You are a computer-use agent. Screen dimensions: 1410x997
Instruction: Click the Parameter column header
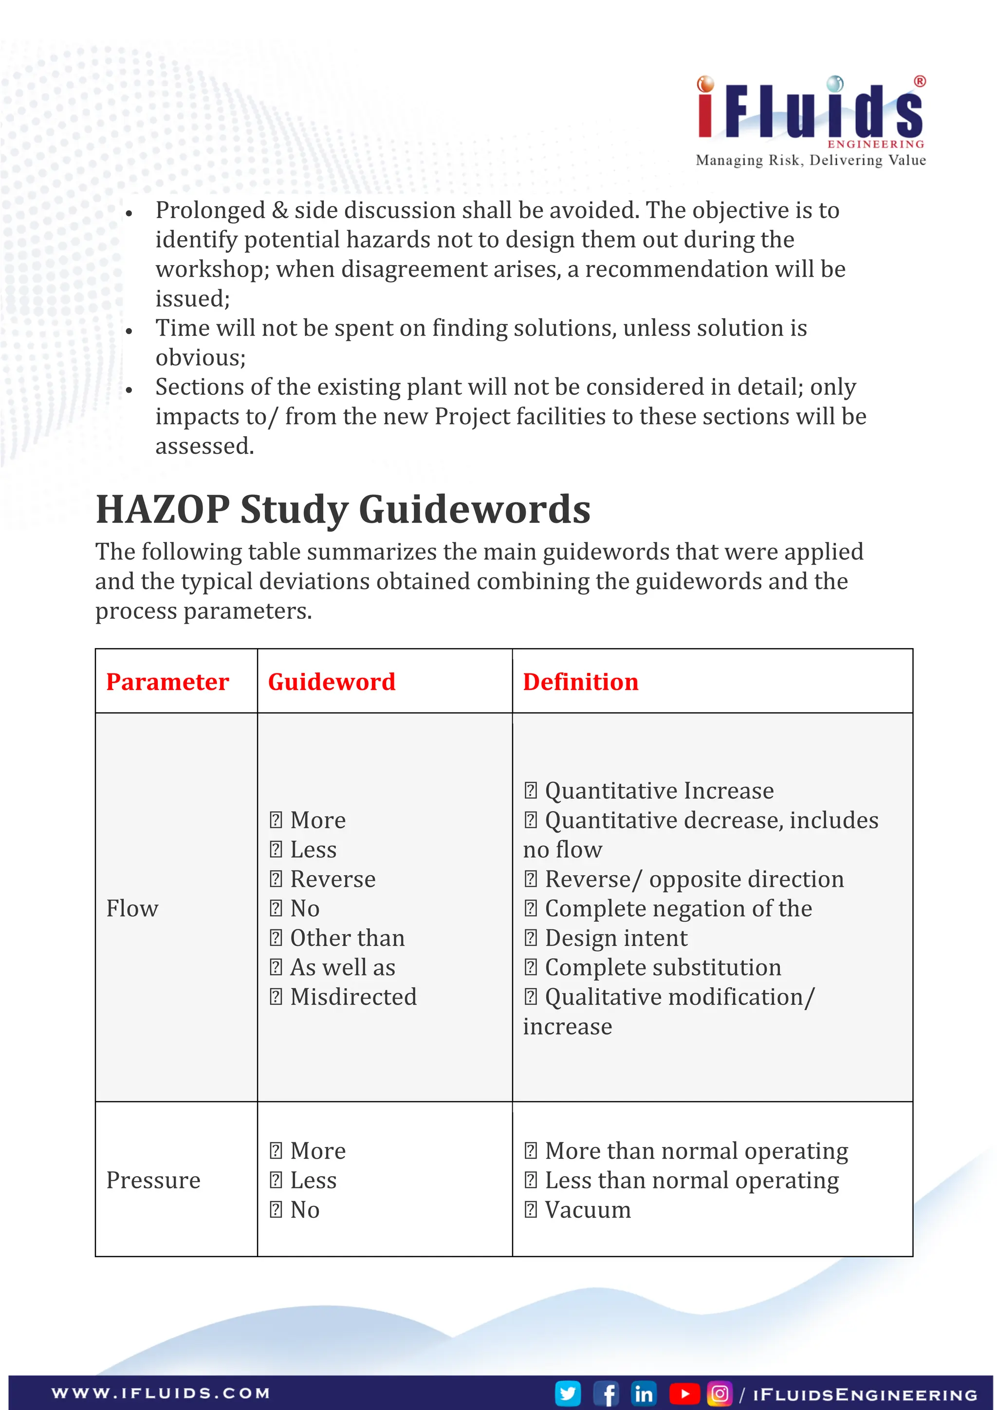pyautogui.click(x=167, y=682)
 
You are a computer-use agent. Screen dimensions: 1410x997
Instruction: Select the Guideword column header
pyautogui.click(x=332, y=682)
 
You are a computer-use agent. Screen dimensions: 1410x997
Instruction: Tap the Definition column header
pyautogui.click(x=580, y=682)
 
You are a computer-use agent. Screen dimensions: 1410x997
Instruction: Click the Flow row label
pyautogui.click(x=132, y=908)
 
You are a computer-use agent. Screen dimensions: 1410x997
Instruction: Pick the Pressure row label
pyautogui.click(x=153, y=1180)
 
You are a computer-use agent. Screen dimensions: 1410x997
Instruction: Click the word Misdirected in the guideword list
pyautogui.click(x=353, y=997)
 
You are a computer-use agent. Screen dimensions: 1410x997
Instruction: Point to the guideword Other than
pyautogui.click(x=347, y=938)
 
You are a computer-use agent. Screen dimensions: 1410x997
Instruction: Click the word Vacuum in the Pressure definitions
pyautogui.click(x=588, y=1210)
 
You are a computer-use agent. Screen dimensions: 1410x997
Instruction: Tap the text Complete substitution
pyautogui.click(x=663, y=967)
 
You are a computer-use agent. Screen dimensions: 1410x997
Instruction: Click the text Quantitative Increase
pyautogui.click(x=659, y=790)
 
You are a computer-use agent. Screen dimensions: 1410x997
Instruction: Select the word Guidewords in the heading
pyautogui.click(x=474, y=510)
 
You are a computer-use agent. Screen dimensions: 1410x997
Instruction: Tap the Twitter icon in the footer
pyautogui.click(x=568, y=1393)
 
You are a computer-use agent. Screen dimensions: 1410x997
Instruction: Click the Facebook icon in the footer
pyautogui.click(x=607, y=1393)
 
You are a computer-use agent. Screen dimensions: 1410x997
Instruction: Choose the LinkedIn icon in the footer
pyautogui.click(x=644, y=1393)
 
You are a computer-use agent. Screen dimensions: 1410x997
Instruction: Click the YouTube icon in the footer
pyautogui.click(x=683, y=1393)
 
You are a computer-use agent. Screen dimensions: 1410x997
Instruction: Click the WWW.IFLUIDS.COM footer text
pyautogui.click(x=161, y=1393)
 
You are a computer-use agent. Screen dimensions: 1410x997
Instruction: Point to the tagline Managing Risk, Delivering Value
pyautogui.click(x=811, y=160)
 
